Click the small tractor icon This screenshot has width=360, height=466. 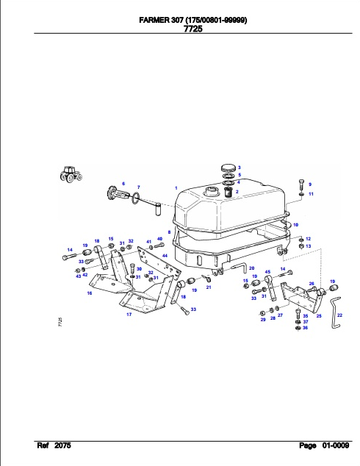[x=71, y=174]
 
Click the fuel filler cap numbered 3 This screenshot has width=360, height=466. [x=229, y=168]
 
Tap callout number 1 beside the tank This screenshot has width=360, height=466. [x=176, y=188]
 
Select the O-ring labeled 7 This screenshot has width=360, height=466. [x=136, y=198]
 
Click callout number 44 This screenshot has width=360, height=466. [x=165, y=256]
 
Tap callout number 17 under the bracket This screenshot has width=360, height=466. [x=129, y=314]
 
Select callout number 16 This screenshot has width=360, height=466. [x=90, y=293]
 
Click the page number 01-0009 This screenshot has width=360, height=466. [x=336, y=445]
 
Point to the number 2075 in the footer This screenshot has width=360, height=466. [x=62, y=445]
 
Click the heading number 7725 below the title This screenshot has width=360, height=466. [x=193, y=29]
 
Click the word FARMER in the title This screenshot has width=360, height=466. [x=154, y=20]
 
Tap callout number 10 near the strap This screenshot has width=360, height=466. [x=295, y=225]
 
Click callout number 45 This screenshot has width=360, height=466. [x=267, y=272]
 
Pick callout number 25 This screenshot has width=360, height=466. [x=319, y=315]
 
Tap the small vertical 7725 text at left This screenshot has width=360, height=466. [x=60, y=323]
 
